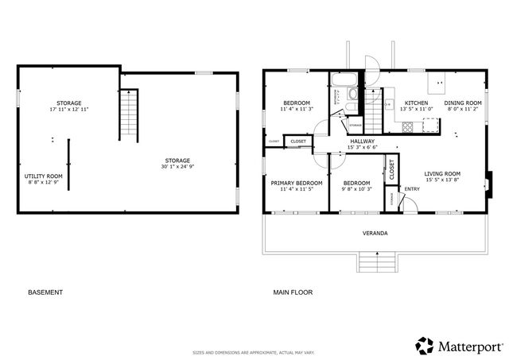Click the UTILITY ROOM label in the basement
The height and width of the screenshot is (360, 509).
click(43, 176)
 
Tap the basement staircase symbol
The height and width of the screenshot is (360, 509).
click(129, 113)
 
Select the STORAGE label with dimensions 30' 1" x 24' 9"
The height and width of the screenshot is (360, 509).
click(177, 161)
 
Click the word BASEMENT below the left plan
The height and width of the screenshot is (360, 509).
click(45, 292)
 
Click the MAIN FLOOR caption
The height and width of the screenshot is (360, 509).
click(293, 292)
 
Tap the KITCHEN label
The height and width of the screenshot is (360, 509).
click(416, 103)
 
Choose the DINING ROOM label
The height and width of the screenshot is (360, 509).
click(463, 103)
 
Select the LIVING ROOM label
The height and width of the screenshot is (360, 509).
click(442, 173)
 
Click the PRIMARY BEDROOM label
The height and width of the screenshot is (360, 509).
click(296, 183)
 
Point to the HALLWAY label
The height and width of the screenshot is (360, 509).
click(362, 141)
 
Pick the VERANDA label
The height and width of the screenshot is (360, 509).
click(375, 233)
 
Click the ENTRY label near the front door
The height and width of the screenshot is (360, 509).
click(412, 188)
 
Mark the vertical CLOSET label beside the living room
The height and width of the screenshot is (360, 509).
click(391, 168)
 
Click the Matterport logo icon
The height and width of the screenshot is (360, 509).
click(425, 345)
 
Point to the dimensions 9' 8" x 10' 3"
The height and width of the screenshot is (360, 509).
click(356, 189)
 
